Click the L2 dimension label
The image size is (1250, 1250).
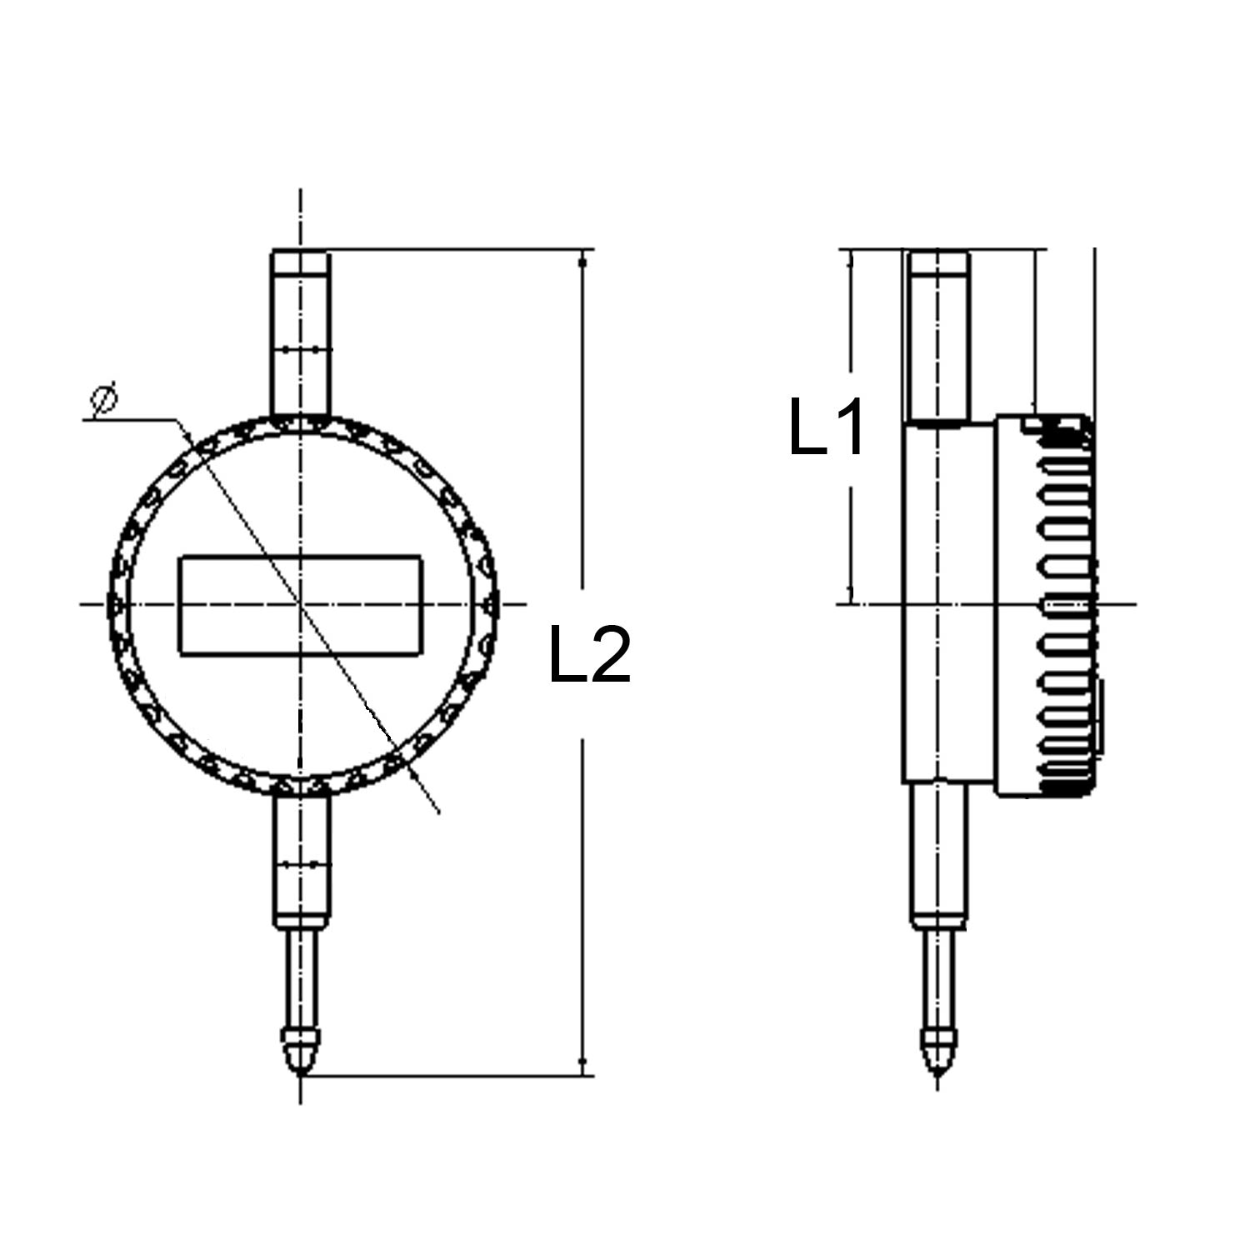[590, 655]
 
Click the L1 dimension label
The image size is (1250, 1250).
[827, 427]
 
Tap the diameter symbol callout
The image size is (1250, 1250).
[103, 400]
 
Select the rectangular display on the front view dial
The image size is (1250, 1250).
[301, 606]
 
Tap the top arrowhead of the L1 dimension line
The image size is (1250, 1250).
[850, 260]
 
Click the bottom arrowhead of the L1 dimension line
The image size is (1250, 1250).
[850, 593]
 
